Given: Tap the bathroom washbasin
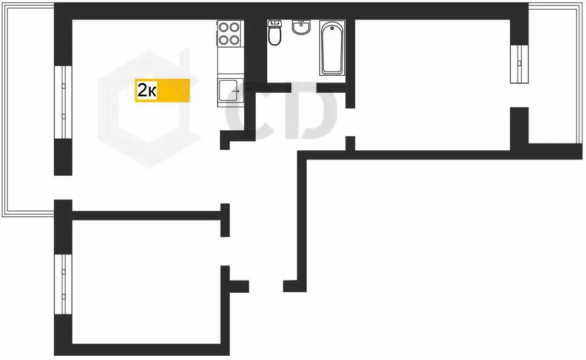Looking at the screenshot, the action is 301,27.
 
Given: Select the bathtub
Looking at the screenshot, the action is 332,48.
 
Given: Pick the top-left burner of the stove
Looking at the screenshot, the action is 224,27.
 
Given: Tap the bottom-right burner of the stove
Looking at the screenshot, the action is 236,40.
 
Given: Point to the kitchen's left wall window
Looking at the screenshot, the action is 63,102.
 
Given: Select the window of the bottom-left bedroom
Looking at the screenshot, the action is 63,284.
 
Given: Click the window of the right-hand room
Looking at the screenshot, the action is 519,63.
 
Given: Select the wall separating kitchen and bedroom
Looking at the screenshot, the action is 145,215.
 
